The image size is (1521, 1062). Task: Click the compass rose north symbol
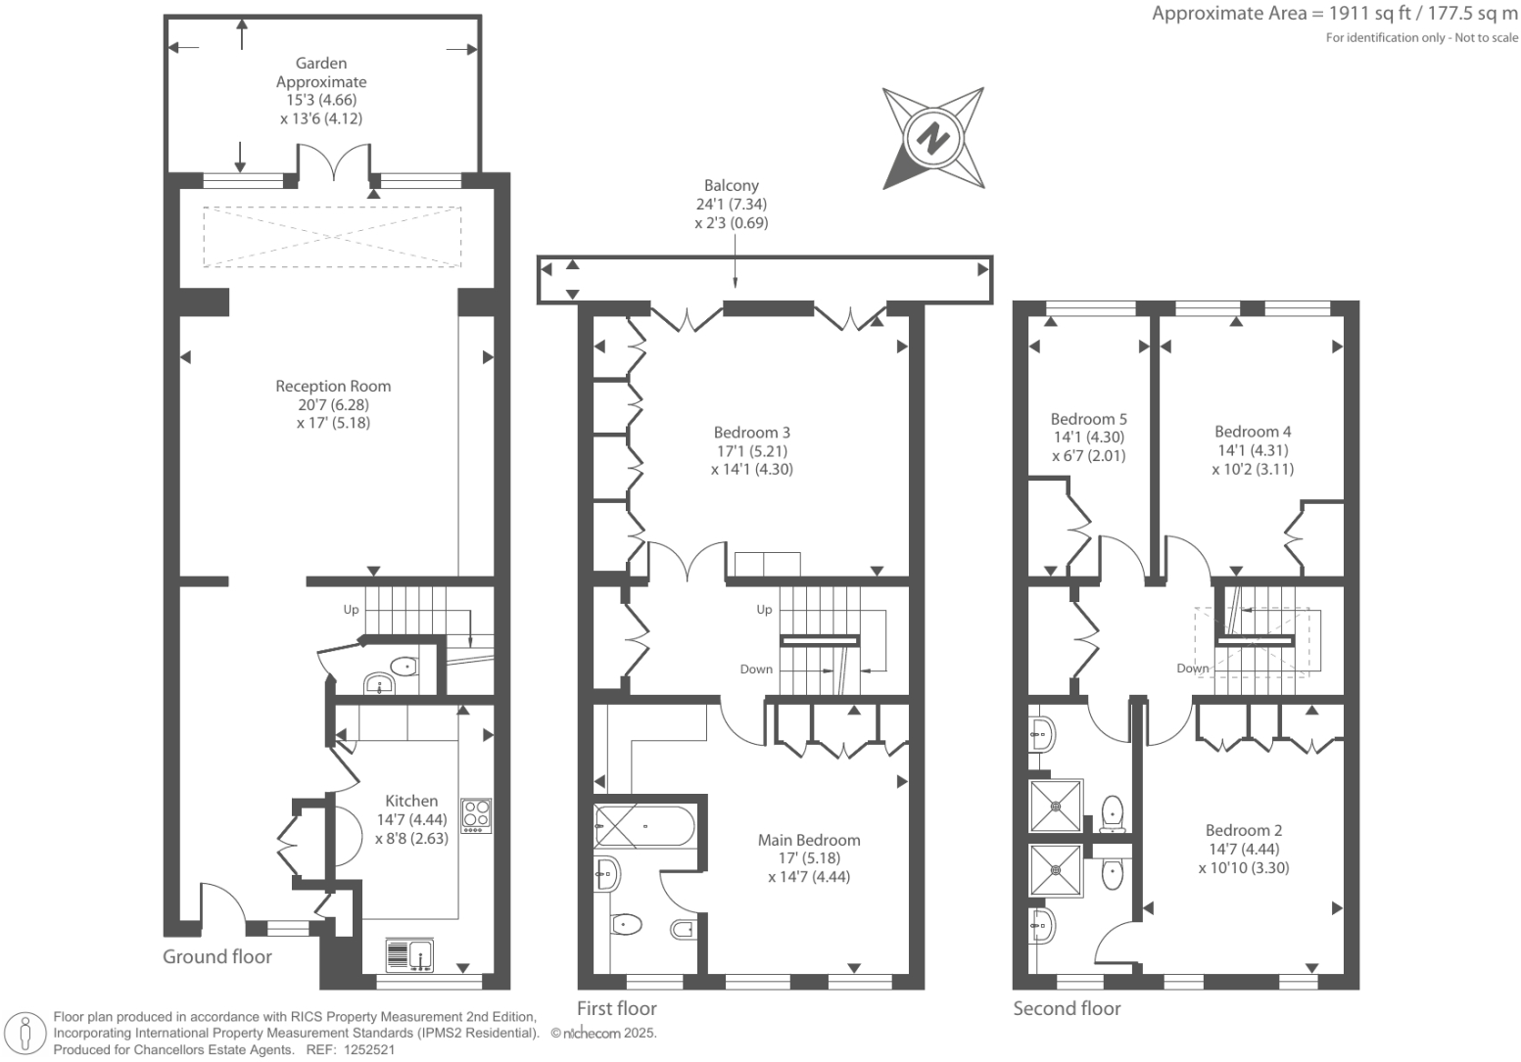(x=932, y=137)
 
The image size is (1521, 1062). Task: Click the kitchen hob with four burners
(x=477, y=815)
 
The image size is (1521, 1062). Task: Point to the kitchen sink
(x=410, y=954)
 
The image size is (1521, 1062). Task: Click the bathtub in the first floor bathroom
(x=643, y=824)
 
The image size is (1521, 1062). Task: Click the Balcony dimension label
(x=732, y=204)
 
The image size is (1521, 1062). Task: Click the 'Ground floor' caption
(x=217, y=956)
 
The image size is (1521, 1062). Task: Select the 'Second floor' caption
(x=1067, y=1008)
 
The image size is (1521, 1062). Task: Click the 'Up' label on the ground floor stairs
(x=351, y=610)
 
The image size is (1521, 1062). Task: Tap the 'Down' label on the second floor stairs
(x=1192, y=669)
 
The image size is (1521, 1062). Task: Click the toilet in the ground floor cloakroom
(x=404, y=667)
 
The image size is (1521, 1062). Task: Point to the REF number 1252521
(x=365, y=1049)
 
